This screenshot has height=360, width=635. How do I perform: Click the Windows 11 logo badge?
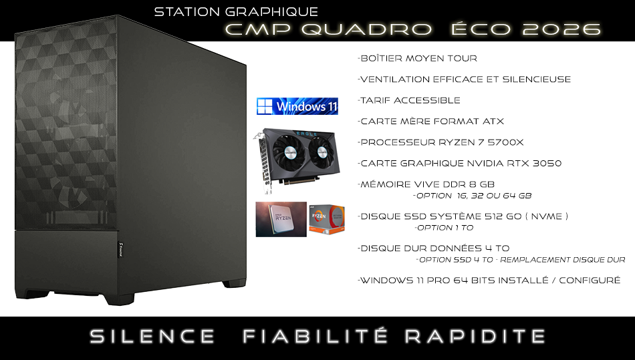(297, 106)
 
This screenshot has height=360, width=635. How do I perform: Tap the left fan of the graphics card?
(287, 152)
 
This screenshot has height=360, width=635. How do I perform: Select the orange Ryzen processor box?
(326, 219)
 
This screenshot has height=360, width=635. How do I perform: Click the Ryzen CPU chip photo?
(281, 219)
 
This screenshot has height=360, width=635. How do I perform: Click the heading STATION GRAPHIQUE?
(236, 12)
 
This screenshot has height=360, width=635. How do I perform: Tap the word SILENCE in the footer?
(152, 337)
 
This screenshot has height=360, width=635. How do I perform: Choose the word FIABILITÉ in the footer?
(315, 336)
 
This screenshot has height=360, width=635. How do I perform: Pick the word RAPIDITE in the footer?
(475, 337)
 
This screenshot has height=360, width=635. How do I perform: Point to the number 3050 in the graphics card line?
(547, 164)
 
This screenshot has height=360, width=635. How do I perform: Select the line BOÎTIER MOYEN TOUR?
(418, 58)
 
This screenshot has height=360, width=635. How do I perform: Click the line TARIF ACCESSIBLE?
(409, 100)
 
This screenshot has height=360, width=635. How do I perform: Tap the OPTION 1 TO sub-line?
(444, 228)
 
